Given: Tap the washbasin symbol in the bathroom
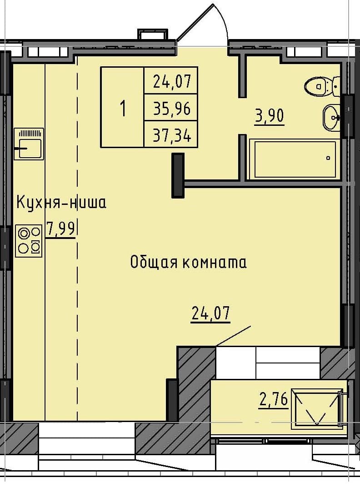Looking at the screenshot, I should tap(331, 117).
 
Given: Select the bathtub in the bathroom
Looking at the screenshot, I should tap(295, 159).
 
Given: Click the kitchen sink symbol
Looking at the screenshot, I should tap(29, 144).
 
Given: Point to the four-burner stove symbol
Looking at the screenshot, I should tap(29, 240).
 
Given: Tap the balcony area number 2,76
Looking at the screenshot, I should tap(273, 400).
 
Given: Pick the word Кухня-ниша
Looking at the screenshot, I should tap(61, 202).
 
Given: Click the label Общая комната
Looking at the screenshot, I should tap(188, 262).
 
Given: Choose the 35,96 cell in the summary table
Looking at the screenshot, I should tap(171, 108).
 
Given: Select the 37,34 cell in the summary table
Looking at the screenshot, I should tap(171, 135).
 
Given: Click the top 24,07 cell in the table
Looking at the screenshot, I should tap(171, 82).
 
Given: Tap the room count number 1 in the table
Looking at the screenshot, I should tap(122, 108).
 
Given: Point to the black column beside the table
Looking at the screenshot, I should tap(178, 175).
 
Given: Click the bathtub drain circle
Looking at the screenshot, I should tap(328, 158).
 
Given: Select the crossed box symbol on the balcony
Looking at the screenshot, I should tap(317, 408).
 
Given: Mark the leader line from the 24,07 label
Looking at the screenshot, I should tap(233, 336).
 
